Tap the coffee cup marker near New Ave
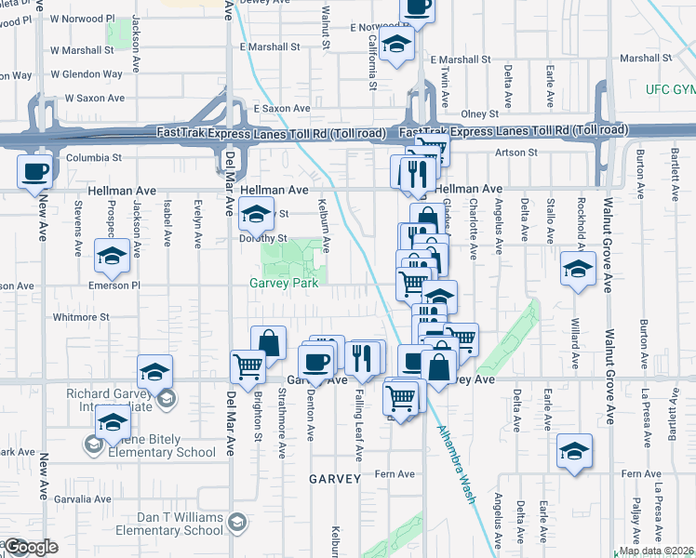(35, 172)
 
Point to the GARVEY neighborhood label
(335, 478)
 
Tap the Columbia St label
(93, 157)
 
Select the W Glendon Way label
(86, 74)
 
